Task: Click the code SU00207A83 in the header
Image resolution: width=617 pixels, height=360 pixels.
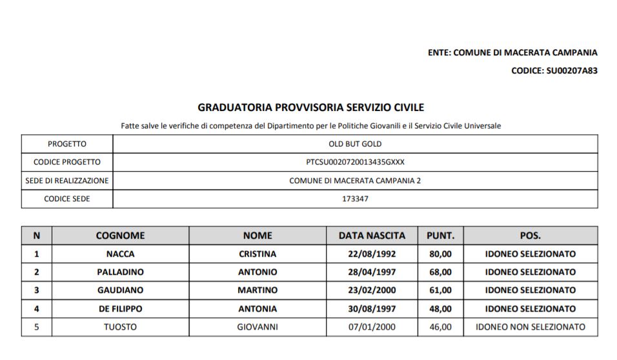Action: [x=571, y=70]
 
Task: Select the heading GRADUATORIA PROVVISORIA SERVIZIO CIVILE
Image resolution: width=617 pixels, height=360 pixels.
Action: [x=310, y=107]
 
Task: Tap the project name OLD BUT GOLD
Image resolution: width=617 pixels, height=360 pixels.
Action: [x=355, y=144]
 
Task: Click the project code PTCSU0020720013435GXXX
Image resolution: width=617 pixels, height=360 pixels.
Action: [x=355, y=162]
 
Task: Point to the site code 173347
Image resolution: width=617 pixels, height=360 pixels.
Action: [x=355, y=199]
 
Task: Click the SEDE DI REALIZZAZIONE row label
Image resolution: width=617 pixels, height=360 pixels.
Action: [x=67, y=181]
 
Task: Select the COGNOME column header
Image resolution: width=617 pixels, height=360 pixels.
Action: [x=120, y=235]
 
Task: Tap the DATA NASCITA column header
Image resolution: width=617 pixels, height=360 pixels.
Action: [x=372, y=235]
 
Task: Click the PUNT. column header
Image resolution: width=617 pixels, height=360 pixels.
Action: [x=440, y=235]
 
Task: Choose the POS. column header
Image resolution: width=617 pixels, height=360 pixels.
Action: [x=530, y=235]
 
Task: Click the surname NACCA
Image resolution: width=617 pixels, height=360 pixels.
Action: [x=120, y=254]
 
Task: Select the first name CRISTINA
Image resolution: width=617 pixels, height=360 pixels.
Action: [x=258, y=254]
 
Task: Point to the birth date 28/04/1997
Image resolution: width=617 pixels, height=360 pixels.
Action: [x=372, y=272]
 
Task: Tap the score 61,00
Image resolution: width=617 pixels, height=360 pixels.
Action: [x=440, y=290]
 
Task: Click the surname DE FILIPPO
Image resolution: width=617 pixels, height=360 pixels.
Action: [x=120, y=309]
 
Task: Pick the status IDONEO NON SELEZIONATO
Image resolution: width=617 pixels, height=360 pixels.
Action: [x=530, y=327]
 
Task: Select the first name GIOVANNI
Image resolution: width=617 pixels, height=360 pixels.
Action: [x=258, y=327]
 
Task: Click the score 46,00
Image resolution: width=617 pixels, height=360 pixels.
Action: [x=440, y=327]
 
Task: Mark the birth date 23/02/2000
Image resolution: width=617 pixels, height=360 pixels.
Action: [x=372, y=290]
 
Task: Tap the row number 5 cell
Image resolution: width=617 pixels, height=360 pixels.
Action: [x=37, y=327]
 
